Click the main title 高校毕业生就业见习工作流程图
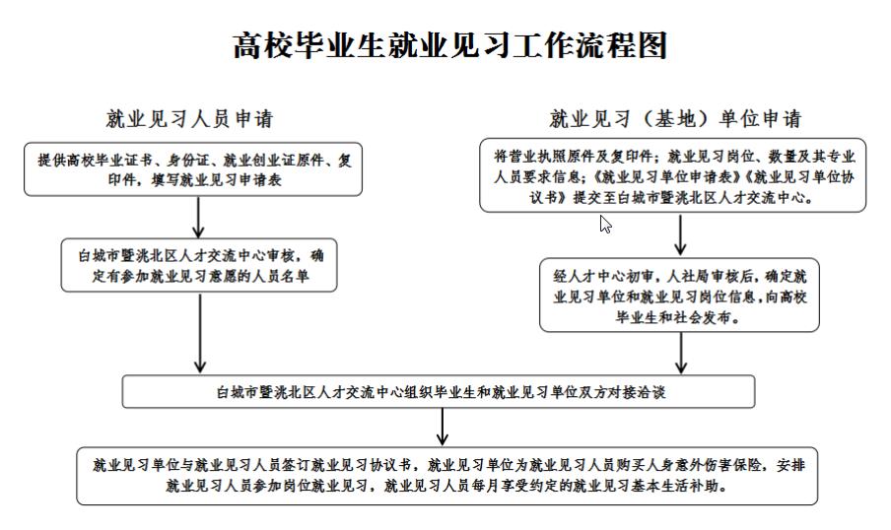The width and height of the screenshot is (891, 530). pyautogui.click(x=450, y=45)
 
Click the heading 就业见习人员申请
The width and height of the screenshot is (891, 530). pyautogui.click(x=190, y=119)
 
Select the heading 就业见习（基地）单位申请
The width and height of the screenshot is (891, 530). pyautogui.click(x=675, y=119)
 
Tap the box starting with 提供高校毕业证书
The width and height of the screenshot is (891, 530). pyautogui.click(x=193, y=169)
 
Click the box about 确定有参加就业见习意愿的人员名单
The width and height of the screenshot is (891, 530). pyautogui.click(x=199, y=265)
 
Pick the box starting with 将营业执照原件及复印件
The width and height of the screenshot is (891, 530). pyautogui.click(x=673, y=175)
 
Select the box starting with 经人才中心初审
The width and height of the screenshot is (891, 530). pyautogui.click(x=680, y=295)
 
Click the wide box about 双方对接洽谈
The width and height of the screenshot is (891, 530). pyautogui.click(x=439, y=391)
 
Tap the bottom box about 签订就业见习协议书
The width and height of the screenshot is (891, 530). pyautogui.click(x=447, y=476)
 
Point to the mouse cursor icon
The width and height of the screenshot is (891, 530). pyautogui.click(x=605, y=225)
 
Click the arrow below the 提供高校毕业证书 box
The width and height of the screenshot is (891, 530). pyautogui.click(x=198, y=218)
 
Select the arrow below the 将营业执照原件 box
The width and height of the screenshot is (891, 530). pyautogui.click(x=680, y=235)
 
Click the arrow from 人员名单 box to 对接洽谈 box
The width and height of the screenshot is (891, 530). pyautogui.click(x=199, y=333)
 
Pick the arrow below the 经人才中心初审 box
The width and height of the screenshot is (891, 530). pyautogui.click(x=681, y=354)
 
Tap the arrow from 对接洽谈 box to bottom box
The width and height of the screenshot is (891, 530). pyautogui.click(x=443, y=428)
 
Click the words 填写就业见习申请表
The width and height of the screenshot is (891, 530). pyautogui.click(x=217, y=180)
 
